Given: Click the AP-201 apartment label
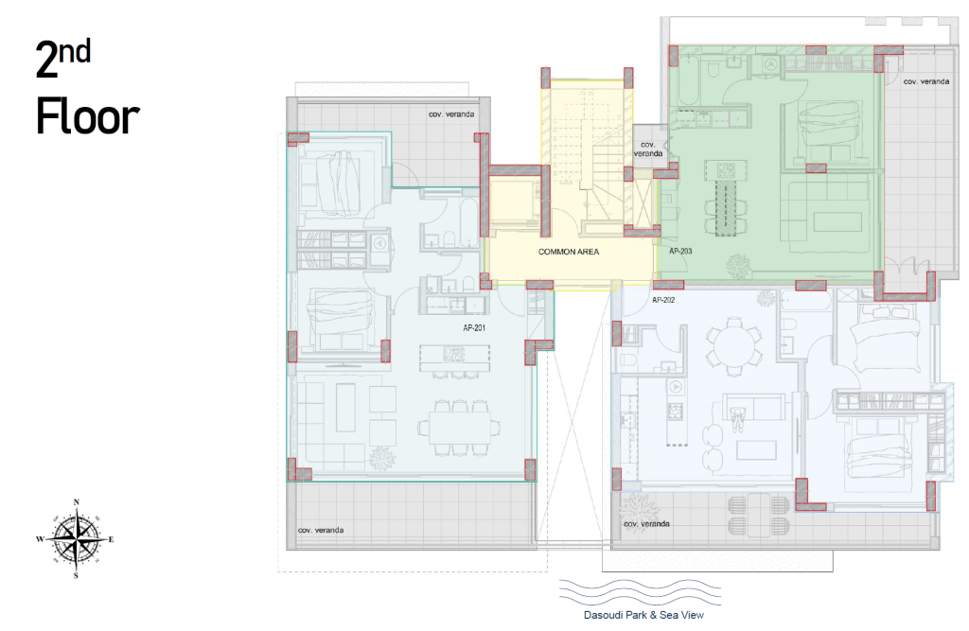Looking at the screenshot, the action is [474, 327].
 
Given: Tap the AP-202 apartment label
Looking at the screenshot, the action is [663, 300].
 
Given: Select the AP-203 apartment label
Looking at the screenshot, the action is [680, 251].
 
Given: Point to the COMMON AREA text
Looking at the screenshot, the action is [569, 252].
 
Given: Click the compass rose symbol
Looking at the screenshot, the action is [76, 538].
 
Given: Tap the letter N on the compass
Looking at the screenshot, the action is [77, 501].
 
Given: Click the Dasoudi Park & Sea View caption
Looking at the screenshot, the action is [643, 615].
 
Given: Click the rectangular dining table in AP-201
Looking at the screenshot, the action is [461, 427].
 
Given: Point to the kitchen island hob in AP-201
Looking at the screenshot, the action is [453, 354].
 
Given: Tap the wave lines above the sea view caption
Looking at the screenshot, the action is [640, 592].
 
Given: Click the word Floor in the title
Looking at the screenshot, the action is [88, 116].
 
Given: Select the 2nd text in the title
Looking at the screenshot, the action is [63, 58].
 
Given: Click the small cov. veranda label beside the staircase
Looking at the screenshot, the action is [647, 149].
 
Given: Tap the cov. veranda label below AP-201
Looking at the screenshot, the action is [321, 530].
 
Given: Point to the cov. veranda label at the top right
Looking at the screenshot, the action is [925, 81].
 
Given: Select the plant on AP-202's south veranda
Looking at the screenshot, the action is [637, 509].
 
